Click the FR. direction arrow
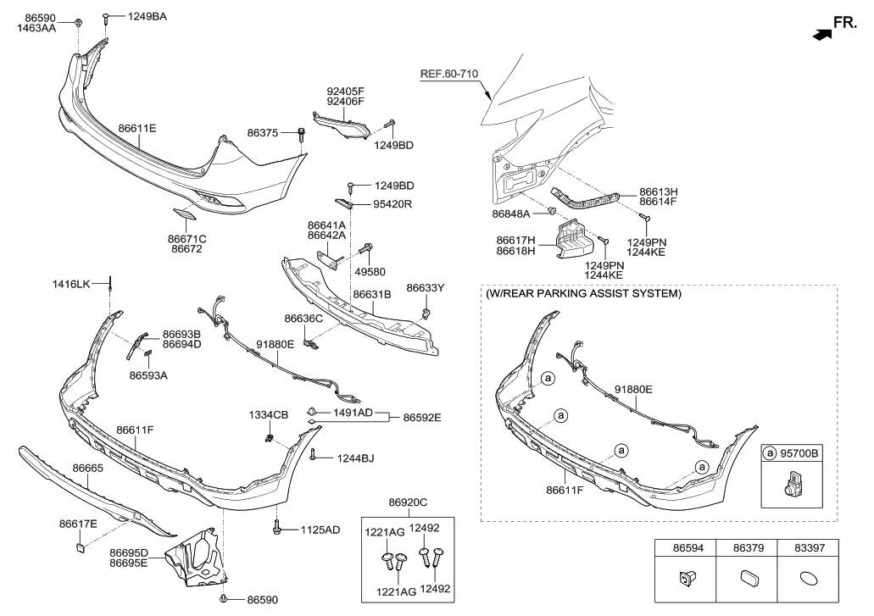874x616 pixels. (820, 35)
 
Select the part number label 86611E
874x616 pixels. (136, 128)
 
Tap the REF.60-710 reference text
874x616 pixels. (449, 75)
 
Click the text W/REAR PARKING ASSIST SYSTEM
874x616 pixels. (583, 294)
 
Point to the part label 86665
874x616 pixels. (88, 468)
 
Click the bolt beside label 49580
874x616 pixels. (367, 248)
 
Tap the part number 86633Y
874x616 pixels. (425, 288)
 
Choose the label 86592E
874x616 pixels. (421, 417)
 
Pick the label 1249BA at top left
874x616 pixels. (147, 16)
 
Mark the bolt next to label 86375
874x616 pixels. (301, 132)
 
